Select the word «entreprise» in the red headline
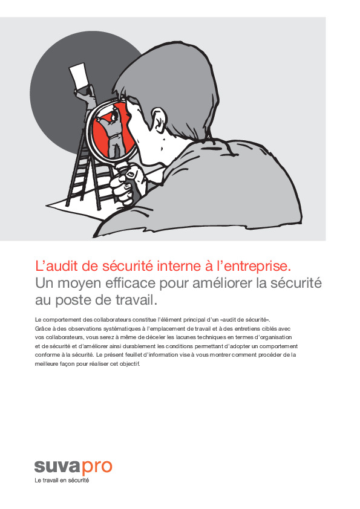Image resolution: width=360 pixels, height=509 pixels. pyautogui.click(x=260, y=265)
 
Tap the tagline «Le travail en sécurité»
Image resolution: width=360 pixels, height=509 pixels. pyautogui.click(x=62, y=481)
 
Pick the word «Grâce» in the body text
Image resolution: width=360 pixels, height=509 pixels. pyautogui.click(x=42, y=328)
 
